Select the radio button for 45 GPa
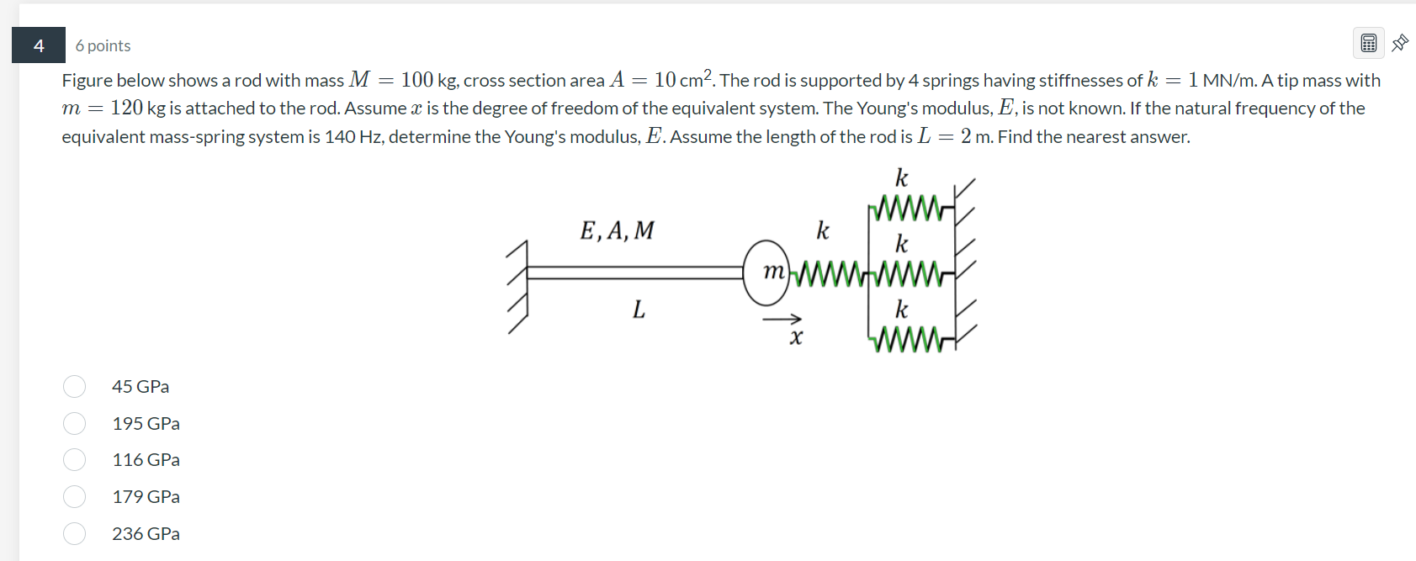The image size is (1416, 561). point(74,386)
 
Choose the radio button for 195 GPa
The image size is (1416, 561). point(74,423)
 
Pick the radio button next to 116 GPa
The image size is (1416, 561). point(74,459)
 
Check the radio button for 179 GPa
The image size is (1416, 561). point(74,496)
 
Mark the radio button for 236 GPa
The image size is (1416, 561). point(74,533)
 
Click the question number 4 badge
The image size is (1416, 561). point(39,45)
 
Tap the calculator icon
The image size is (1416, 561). point(1368,43)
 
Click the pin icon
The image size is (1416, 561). point(1400,43)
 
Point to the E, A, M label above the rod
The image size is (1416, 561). point(617,230)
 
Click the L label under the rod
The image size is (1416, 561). point(639,310)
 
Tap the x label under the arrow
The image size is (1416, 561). point(796,338)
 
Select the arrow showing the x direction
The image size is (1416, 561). point(782,320)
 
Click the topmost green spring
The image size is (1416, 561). point(908,208)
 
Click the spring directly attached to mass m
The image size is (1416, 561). point(830,273)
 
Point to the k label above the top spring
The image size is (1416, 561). point(901,177)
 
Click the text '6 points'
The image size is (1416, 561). point(103,45)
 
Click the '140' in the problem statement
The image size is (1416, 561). point(340,136)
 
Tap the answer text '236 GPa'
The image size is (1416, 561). point(146,533)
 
